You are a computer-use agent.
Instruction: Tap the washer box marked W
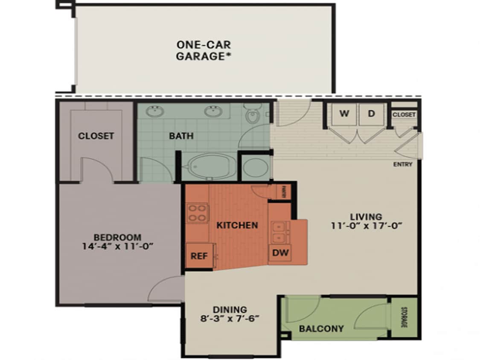click(x=344, y=114)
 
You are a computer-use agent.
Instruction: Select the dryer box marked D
click(x=372, y=114)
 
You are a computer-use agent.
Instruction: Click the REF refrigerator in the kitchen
click(x=199, y=256)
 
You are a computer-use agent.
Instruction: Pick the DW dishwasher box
click(x=280, y=253)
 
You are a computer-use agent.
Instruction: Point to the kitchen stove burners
click(x=197, y=213)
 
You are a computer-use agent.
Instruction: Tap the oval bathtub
click(x=207, y=166)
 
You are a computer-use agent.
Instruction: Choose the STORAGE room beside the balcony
click(x=403, y=318)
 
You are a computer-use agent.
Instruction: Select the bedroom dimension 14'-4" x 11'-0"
click(x=117, y=246)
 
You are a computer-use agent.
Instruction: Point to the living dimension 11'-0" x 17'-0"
click(x=367, y=226)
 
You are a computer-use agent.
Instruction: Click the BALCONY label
click(x=321, y=328)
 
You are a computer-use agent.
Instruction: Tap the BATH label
click(x=181, y=136)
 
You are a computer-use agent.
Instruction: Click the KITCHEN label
click(x=237, y=225)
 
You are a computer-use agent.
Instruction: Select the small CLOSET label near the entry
click(x=404, y=115)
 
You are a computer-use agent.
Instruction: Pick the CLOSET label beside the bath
click(x=96, y=136)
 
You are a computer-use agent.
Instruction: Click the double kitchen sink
click(x=280, y=232)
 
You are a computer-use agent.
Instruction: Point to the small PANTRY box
click(x=283, y=192)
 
